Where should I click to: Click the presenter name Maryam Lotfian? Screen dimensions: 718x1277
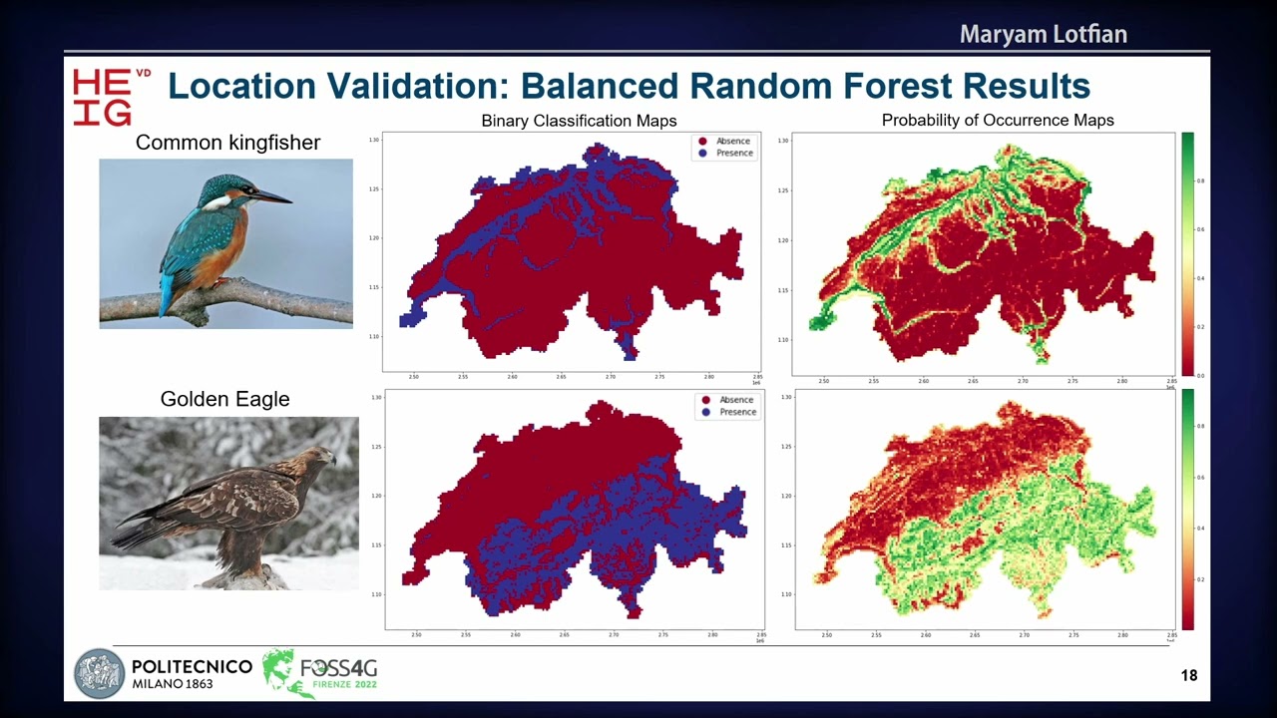[1043, 35]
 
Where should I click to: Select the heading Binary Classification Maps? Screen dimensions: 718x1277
[579, 121]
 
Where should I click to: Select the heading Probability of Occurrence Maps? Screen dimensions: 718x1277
[998, 121]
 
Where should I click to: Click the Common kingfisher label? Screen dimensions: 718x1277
[227, 143]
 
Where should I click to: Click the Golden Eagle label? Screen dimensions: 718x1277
[224, 399]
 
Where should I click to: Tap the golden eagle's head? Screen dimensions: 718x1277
[317, 460]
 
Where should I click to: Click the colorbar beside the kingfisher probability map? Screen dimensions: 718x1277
[1187, 253]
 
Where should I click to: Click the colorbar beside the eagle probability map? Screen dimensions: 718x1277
[1187, 509]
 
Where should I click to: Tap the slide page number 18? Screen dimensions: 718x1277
[1188, 676]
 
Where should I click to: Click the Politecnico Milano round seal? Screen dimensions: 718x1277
[99, 674]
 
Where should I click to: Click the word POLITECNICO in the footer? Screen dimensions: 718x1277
[192, 666]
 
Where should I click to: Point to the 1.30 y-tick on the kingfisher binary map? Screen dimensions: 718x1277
[374, 140]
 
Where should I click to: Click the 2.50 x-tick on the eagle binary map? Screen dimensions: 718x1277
[416, 634]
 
